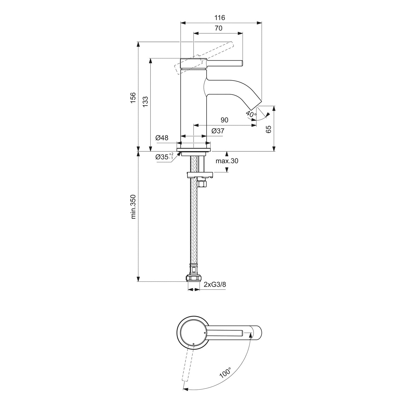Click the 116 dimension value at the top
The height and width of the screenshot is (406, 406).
click(x=220, y=18)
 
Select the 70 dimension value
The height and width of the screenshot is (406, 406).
click(x=218, y=28)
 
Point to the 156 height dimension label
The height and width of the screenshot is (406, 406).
click(x=133, y=97)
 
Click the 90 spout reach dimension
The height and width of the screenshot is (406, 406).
click(x=224, y=120)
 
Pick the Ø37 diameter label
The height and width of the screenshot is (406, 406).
click(x=218, y=131)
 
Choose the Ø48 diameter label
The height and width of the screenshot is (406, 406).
click(x=162, y=138)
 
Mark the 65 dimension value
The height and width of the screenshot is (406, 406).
click(x=269, y=129)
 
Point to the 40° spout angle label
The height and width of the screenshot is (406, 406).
click(x=251, y=114)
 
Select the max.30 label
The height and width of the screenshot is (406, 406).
click(x=227, y=161)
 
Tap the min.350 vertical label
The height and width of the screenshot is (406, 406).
click(x=133, y=207)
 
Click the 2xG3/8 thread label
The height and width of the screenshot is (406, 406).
click(x=215, y=284)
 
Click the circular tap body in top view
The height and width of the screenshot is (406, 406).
click(x=193, y=331)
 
